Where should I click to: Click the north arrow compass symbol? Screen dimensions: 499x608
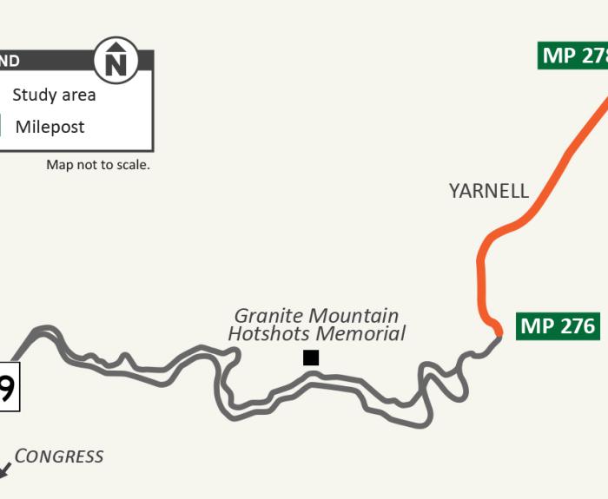click(116, 61)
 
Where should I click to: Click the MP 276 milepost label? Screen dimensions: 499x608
click(558, 326)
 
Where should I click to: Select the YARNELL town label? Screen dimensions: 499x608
click(489, 191)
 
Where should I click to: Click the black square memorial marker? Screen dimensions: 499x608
click(311, 358)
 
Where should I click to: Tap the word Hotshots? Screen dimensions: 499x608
click(268, 333)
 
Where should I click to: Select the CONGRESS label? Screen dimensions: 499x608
click(59, 456)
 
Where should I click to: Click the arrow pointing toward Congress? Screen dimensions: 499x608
click(4, 469)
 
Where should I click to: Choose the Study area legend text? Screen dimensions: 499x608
click(54, 95)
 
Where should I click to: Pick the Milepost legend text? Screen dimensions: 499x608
click(50, 127)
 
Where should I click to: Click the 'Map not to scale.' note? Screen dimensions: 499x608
click(98, 165)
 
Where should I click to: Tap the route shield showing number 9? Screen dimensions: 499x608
click(7, 387)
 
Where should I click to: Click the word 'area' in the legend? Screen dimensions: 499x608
click(76, 95)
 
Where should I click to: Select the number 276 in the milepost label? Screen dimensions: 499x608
click(578, 326)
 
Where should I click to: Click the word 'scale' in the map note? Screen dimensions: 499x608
click(131, 165)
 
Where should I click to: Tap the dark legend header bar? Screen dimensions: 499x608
click(52, 61)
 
